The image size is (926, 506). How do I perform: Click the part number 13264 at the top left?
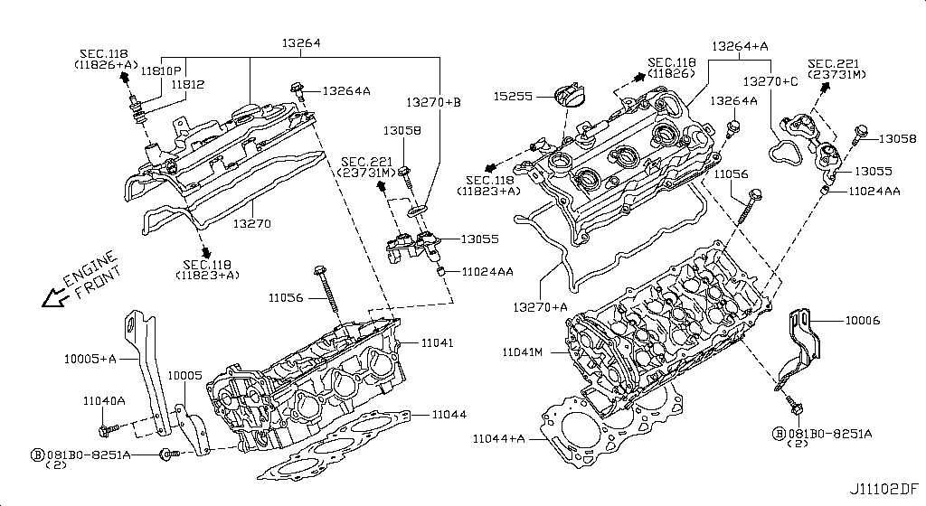(301, 42)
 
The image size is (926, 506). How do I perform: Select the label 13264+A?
(740, 45)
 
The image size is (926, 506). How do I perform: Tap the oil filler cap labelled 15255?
(567, 97)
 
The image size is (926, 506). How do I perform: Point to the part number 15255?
(513, 94)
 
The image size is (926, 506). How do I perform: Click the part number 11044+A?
(498, 438)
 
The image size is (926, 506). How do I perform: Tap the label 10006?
(863, 321)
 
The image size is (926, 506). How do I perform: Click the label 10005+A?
(90, 358)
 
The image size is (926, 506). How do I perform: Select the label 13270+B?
(433, 102)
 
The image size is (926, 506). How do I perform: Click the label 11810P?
(165, 70)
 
